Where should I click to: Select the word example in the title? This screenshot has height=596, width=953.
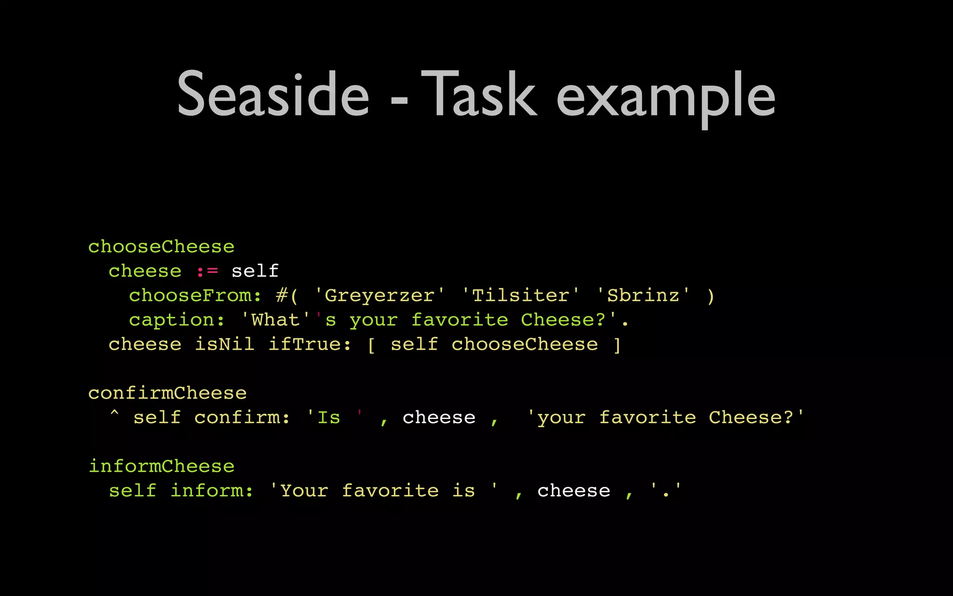click(666, 98)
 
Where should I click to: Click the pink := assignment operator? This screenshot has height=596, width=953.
click(207, 271)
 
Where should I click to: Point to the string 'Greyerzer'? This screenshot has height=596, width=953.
click(379, 296)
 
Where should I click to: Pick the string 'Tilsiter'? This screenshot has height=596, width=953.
click(520, 296)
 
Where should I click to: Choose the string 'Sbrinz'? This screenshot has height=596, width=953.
click(643, 296)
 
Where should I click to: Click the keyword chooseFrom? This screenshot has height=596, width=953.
click(195, 296)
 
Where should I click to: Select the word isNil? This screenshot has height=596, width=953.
click(224, 345)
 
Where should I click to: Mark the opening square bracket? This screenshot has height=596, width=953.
click(371, 345)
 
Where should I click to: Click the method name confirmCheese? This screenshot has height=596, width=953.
click(168, 393)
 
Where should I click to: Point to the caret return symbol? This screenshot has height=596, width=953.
click(114, 413)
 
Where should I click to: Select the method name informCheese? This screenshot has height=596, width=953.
click(161, 467)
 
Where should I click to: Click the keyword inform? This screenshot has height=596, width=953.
click(212, 491)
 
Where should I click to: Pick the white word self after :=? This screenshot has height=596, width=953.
click(255, 271)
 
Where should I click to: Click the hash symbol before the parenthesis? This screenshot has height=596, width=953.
click(281, 296)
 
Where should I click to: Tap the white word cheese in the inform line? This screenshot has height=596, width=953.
click(573, 491)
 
